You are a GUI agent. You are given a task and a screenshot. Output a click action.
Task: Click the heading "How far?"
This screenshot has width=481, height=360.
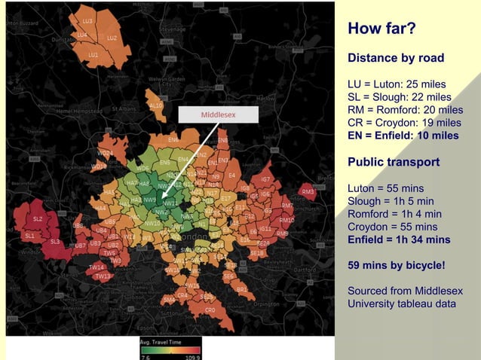point(381,30)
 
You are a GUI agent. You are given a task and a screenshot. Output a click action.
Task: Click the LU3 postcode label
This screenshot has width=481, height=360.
point(87,20)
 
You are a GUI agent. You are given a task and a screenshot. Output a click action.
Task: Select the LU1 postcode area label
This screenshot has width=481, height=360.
point(93,55)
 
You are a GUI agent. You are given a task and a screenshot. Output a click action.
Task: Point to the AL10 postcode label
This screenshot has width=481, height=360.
point(156,106)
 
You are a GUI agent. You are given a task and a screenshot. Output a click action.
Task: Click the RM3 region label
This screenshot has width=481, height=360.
point(308,192)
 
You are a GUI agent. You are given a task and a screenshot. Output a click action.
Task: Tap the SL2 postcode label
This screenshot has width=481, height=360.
point(38,218)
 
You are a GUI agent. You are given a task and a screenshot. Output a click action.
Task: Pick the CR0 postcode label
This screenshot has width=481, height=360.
point(210,310)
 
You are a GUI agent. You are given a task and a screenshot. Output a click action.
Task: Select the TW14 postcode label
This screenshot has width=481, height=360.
point(96,267)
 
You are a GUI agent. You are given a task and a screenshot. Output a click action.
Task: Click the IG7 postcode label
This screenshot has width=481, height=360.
point(265,179)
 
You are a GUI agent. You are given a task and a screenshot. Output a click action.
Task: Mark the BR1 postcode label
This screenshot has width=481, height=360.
point(242,289)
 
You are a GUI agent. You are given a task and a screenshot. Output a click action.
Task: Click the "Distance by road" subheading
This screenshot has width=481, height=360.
point(395,58)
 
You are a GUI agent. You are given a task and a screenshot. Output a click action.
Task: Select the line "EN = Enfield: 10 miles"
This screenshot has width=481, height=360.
point(403,136)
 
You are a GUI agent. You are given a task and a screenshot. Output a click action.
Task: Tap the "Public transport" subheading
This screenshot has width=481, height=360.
point(394,161)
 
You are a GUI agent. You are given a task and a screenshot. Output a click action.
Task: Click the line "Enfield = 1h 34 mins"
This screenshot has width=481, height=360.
point(399,239)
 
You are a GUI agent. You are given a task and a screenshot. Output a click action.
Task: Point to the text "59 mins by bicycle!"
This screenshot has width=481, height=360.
point(396,265)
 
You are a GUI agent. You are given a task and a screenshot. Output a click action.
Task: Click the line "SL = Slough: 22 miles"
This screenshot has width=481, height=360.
point(399,97)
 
